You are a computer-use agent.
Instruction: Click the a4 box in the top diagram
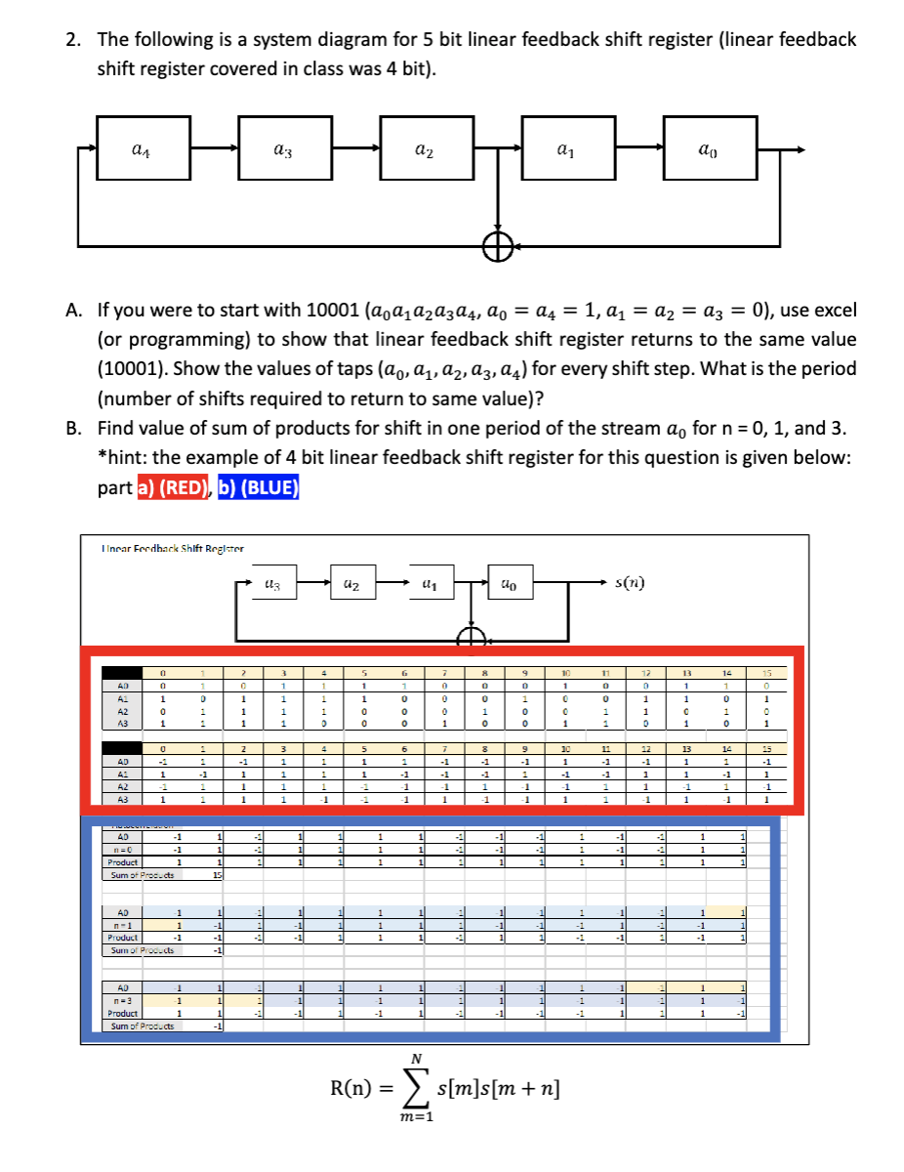[143, 148]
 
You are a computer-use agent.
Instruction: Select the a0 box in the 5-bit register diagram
[710, 148]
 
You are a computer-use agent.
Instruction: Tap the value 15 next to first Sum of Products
[217, 875]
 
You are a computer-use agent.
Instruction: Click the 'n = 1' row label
[123, 924]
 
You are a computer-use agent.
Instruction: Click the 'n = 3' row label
[123, 1000]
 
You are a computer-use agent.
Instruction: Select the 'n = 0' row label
[123, 849]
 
